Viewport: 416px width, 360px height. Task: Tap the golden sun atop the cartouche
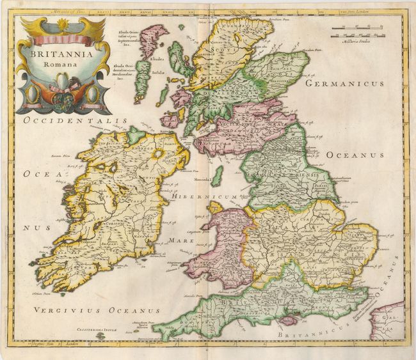[62, 24]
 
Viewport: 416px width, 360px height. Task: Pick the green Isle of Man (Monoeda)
[218, 175]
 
